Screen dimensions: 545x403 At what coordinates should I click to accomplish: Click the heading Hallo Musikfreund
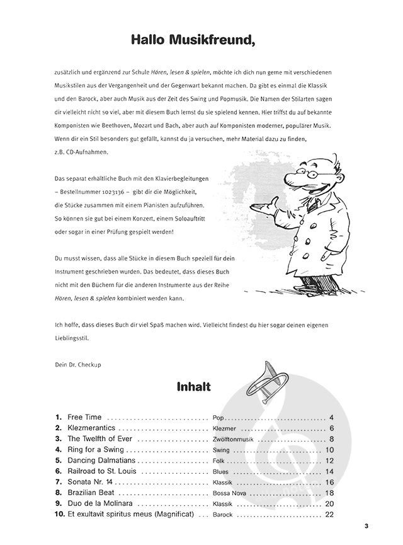pos(193,40)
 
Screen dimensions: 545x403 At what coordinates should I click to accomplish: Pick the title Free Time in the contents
pos(85,418)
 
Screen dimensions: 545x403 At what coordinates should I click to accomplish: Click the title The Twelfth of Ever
pos(101,439)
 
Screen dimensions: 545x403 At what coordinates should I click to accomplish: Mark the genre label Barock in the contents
pos(222,515)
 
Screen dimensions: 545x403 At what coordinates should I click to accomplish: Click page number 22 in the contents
pos(329,514)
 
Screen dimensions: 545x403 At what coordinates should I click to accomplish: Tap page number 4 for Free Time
pos(331,418)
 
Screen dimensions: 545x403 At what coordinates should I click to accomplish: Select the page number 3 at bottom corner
pos(366,527)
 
